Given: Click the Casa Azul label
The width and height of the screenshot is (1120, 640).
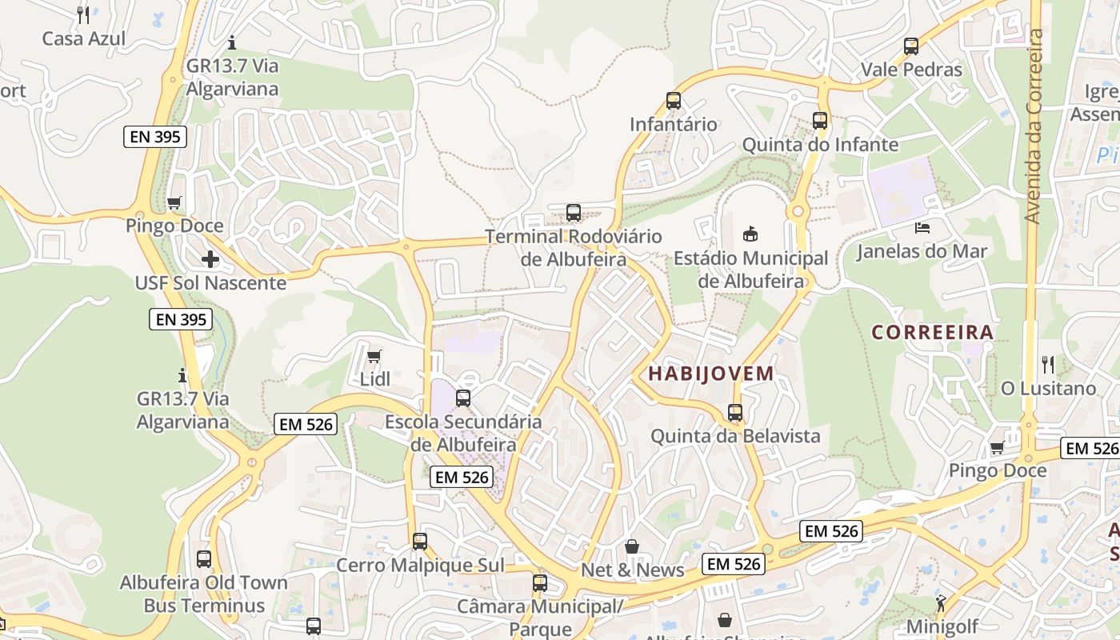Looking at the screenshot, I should point(84,38).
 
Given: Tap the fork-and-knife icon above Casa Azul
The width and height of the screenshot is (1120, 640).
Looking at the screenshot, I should point(83,14).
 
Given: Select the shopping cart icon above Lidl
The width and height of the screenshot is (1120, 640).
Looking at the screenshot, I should point(374,356).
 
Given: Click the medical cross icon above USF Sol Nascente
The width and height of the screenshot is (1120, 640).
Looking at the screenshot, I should point(210,259).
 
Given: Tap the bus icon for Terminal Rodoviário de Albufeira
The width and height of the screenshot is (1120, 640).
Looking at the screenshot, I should point(574,213).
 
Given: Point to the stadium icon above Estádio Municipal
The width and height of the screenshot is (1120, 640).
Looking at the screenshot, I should point(750,234).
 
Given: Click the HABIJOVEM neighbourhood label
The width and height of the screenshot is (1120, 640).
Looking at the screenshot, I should point(711,374).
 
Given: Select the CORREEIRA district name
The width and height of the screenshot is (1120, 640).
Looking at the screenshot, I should point(932,332).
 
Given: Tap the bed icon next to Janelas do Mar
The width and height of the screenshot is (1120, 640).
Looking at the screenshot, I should point(922,228).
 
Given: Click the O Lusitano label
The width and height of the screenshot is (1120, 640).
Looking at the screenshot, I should point(1048,389).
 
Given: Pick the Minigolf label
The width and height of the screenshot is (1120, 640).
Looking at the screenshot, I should point(942,626).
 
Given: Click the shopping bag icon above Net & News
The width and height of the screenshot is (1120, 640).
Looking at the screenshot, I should point(632,546).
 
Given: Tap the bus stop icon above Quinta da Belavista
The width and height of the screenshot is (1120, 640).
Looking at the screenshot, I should point(735,413).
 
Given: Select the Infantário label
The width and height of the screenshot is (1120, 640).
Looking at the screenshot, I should point(674,124).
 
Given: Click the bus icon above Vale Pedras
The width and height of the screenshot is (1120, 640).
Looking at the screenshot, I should point(911,46).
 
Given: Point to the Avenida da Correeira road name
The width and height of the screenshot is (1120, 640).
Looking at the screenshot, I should point(1034,126).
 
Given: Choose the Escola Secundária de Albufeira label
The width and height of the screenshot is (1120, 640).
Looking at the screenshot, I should point(463,432).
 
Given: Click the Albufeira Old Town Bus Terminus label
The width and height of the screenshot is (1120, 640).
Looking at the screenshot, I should point(204,594).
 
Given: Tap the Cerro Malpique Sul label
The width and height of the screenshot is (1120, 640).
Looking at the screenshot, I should point(420,566).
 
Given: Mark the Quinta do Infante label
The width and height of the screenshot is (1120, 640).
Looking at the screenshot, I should point(820,145).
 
